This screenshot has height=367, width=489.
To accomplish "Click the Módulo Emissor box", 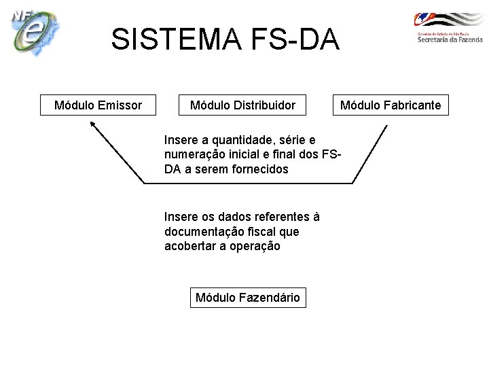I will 98,105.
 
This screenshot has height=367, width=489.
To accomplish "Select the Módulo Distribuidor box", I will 242,105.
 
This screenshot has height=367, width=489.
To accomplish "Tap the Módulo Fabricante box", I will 390,105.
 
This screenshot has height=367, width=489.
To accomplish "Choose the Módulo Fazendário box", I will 247,298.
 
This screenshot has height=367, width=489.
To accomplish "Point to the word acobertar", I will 190,247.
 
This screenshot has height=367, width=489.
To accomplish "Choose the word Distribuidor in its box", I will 264,105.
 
